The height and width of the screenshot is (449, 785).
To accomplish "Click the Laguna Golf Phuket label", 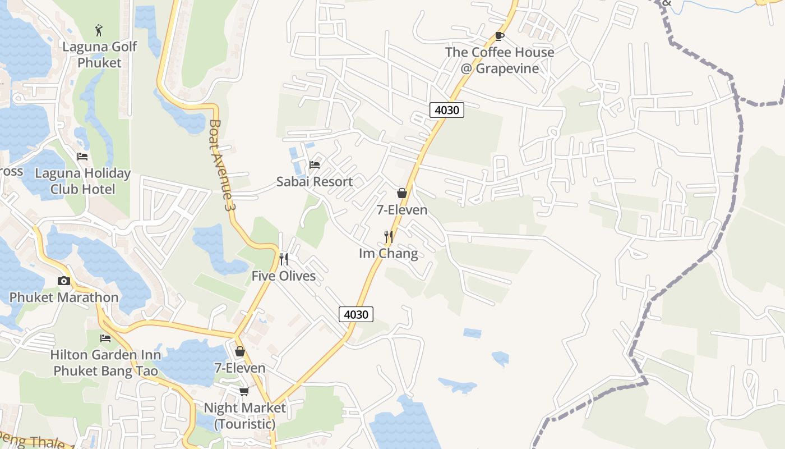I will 99,54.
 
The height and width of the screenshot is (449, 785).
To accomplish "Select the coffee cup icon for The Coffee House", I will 500,36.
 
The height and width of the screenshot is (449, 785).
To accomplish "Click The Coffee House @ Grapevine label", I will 500,60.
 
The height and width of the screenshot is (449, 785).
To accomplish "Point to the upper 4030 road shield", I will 447,110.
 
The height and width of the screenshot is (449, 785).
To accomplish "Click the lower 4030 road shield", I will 356,314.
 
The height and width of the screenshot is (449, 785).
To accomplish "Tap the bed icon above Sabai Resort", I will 315,165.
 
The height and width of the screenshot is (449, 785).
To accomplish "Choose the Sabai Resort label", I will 315,182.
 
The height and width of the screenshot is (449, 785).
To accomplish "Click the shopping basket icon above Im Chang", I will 402,194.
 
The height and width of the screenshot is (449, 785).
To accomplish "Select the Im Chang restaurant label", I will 389,254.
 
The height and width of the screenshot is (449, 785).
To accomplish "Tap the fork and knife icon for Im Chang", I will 389,237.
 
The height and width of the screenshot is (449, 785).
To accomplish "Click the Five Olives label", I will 284,276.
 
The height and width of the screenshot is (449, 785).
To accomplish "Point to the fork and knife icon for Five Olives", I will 284,259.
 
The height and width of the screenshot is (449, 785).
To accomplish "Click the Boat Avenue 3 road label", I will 221,166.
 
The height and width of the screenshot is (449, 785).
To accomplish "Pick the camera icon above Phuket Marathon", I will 64,281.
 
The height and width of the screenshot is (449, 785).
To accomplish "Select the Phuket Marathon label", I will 64,297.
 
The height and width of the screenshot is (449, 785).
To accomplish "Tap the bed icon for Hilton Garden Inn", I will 105,338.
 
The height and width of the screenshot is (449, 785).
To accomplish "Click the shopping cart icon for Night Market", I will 244,391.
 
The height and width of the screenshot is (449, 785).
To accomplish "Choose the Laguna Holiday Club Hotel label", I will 82,181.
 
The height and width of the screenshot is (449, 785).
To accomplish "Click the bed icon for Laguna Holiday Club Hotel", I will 82,157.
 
